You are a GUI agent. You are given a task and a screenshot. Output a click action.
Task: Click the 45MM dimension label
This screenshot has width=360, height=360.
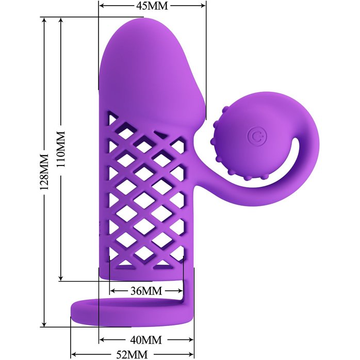point(152,6)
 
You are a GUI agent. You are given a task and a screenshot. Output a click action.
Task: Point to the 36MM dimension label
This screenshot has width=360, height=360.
point(146,291)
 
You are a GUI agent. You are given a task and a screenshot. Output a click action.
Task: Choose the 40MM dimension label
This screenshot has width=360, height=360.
point(146,340)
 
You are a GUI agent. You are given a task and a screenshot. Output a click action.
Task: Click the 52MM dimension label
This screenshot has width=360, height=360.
point(132,355)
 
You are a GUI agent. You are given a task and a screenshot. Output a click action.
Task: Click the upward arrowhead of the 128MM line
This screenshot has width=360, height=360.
point(44,20)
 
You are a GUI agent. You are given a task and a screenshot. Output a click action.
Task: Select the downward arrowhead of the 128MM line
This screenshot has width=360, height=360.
point(44,324)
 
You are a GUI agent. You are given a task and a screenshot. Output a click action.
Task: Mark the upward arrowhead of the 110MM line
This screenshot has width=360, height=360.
point(61,20)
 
